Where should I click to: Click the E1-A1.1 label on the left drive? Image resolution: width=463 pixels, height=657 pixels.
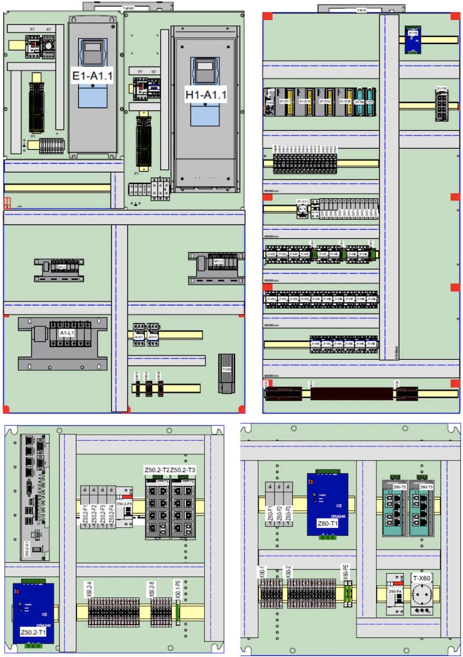[x=93, y=75]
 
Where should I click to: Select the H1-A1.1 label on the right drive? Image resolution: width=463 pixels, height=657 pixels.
[x=205, y=94]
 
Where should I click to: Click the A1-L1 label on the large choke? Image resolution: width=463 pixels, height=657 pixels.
[x=68, y=334]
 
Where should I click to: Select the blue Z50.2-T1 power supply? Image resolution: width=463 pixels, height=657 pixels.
[x=34, y=613]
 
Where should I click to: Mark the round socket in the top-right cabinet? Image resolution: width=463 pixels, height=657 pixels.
[x=302, y=209]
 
